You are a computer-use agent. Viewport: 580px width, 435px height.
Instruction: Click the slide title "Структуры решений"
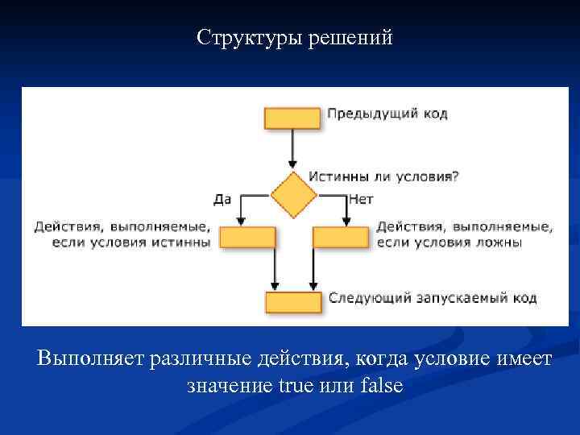295,38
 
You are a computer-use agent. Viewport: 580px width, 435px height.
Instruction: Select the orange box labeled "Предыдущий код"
292,118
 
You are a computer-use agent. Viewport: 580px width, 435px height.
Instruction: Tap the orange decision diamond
293,195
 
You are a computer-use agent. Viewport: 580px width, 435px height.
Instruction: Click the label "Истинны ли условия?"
383,176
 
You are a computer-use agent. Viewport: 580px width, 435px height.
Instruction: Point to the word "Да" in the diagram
223,198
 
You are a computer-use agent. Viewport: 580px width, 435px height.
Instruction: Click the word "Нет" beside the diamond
362,198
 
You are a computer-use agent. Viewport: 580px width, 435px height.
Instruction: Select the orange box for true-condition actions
247,237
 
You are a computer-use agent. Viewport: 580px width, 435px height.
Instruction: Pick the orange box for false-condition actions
340,237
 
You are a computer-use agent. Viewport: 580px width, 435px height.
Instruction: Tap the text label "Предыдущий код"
387,114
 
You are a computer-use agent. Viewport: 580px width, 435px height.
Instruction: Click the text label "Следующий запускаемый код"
432,298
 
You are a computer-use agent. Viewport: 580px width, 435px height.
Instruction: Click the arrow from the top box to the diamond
292,149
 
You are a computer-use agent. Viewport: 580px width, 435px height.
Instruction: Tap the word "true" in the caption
296,386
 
